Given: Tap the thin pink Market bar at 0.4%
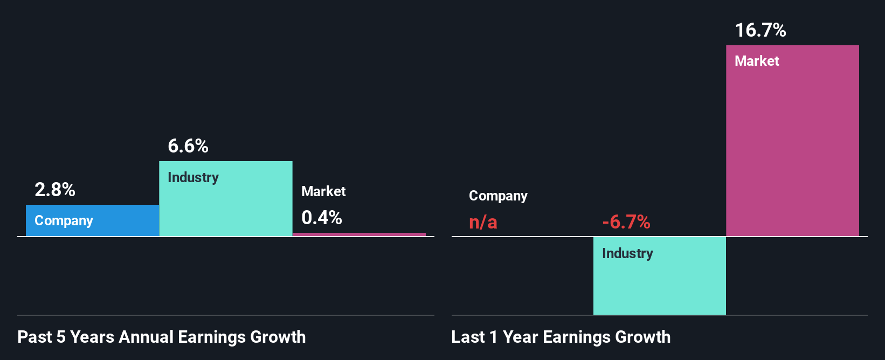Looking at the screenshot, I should [359, 234].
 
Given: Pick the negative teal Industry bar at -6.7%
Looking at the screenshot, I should [659, 286].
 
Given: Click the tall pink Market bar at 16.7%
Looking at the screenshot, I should [792, 151].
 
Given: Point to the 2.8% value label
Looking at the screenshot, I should [54, 190].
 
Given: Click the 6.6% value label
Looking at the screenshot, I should [188, 146].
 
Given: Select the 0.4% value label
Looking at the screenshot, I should [321, 218].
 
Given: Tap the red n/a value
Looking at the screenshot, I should [483, 222].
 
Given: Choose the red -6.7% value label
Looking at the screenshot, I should [626, 222].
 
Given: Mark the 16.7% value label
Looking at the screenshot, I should [760, 30].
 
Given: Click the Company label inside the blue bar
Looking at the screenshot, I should [64, 221].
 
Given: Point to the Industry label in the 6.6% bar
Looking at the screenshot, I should [193, 177].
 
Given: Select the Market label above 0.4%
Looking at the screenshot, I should [323, 191].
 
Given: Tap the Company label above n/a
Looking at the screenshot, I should [498, 196].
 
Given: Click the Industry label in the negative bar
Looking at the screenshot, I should [627, 253].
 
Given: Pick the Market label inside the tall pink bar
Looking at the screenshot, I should [757, 61].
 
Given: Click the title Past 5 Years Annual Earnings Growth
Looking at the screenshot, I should [161, 337].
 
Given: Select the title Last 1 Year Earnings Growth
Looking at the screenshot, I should [561, 337].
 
